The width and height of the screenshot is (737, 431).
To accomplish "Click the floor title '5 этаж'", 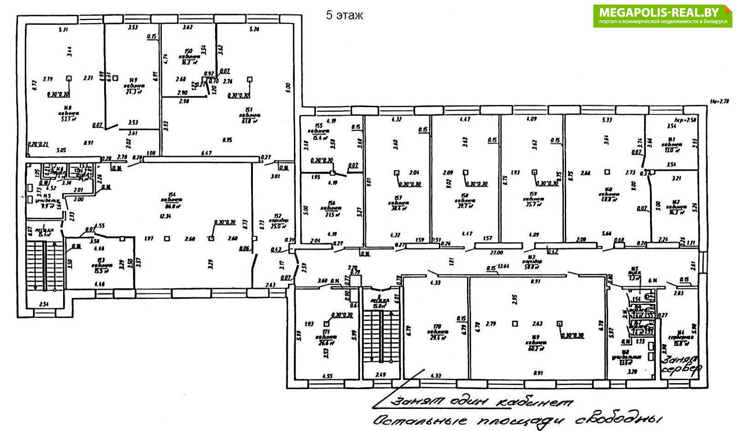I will pyautogui.click(x=344, y=15).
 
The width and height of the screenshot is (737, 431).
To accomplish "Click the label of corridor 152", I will pyautogui.click(x=280, y=220).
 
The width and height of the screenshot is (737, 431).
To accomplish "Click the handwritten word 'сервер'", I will pyautogui.click(x=682, y=369).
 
